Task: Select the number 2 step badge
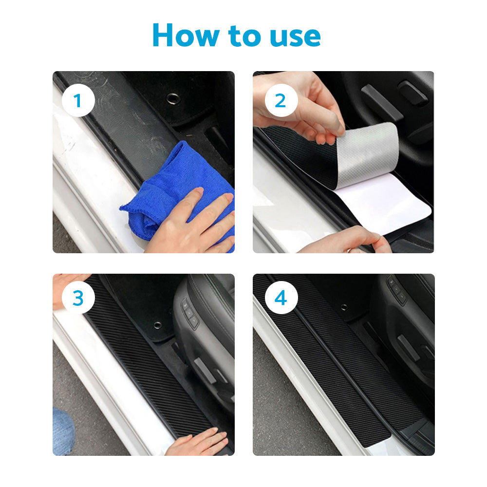click(281, 101)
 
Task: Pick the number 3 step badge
click(78, 298)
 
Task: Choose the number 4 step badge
click(281, 298)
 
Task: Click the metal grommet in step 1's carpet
click(173, 98)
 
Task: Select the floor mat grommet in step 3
click(157, 325)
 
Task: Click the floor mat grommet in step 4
click(344, 307)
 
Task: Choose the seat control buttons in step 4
click(397, 290)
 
